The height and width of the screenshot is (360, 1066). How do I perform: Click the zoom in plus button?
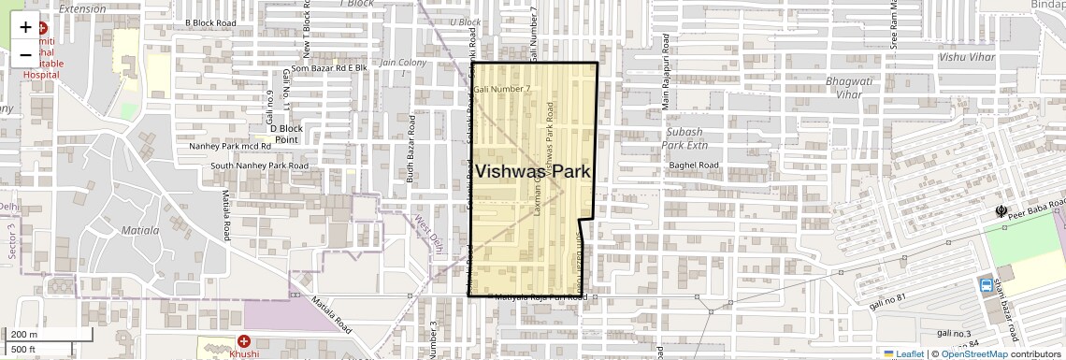pos(25,27)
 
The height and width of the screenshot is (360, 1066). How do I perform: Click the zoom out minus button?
pos(25,55)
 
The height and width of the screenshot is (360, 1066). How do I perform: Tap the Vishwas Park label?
pos(533,171)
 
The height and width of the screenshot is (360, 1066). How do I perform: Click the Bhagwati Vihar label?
pos(843,88)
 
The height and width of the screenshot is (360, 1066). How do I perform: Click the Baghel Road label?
pos(694,166)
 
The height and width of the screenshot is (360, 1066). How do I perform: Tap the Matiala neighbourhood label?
pos(140,229)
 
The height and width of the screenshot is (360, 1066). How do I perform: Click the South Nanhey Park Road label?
pos(259,166)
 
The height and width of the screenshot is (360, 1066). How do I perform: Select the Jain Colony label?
pos(403,63)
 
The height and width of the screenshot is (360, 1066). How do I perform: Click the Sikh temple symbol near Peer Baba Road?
pos(1003,211)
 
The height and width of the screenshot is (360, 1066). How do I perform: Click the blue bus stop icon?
pos(986,284)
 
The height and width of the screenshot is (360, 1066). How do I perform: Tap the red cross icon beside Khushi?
pos(244,342)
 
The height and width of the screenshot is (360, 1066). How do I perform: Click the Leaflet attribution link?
pos(904,353)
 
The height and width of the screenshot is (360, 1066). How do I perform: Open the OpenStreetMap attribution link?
pos(973,353)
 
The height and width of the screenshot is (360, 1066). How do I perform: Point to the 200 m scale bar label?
pos(24,335)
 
